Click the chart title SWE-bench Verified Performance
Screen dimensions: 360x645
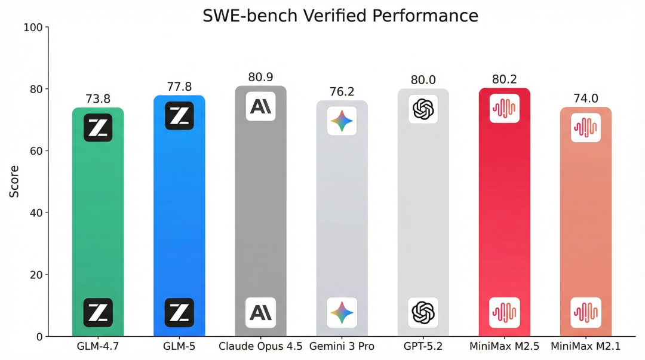(x=340, y=16)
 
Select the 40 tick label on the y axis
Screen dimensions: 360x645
(x=36, y=213)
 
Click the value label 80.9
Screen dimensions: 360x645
(x=260, y=77)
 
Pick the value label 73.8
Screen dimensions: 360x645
(x=98, y=99)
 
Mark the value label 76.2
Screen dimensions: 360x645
(x=342, y=92)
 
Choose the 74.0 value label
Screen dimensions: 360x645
(x=585, y=99)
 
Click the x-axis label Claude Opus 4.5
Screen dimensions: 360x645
(x=260, y=346)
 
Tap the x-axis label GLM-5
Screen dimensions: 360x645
(x=179, y=346)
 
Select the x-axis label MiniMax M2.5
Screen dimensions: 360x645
(x=504, y=346)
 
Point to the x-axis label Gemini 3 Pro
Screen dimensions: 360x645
(x=342, y=346)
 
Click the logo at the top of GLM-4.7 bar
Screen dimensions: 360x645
(x=98, y=127)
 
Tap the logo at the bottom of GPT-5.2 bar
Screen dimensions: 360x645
(x=423, y=312)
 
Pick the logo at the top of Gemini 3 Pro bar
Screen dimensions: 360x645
(x=342, y=121)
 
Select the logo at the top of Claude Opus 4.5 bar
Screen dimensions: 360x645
(x=260, y=106)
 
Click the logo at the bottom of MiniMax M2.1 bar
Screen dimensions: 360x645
(x=585, y=312)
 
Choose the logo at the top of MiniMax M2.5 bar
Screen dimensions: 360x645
(x=504, y=108)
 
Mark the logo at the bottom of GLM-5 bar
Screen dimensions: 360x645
(x=179, y=312)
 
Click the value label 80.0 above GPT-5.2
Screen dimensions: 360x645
(x=423, y=80)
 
